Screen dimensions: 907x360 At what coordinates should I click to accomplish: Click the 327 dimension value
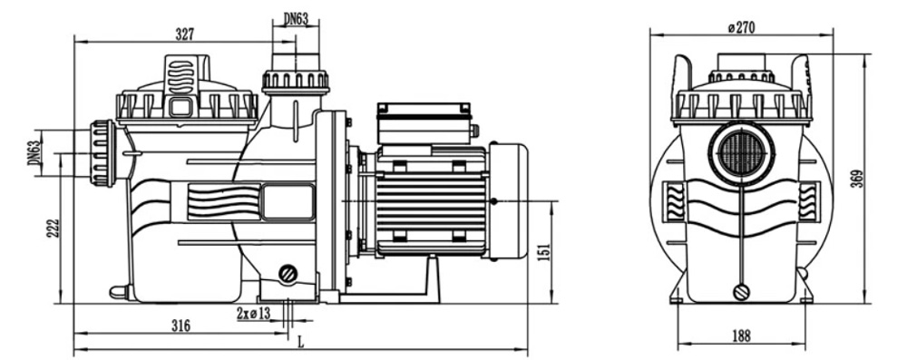click(184, 34)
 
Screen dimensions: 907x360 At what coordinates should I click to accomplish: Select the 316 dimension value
click(181, 326)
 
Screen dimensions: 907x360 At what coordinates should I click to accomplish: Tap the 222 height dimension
click(53, 229)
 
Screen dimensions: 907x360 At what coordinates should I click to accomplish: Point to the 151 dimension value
click(543, 252)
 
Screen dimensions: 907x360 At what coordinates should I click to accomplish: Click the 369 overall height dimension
click(857, 179)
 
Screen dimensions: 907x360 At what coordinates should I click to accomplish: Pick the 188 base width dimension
click(740, 336)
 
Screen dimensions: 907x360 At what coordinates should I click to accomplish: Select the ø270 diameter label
click(742, 27)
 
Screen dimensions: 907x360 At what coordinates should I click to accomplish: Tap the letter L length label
click(300, 342)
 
